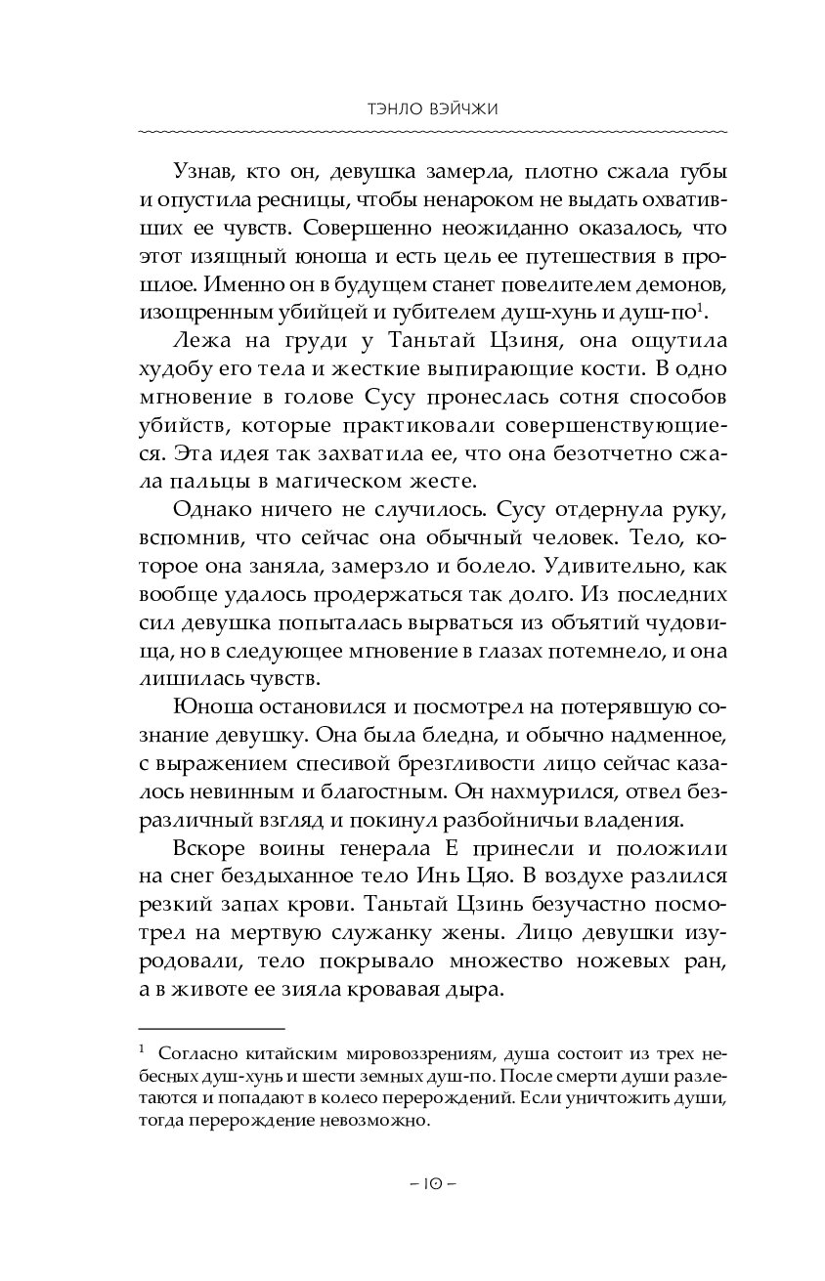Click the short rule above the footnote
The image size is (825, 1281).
pos(211,1028)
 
